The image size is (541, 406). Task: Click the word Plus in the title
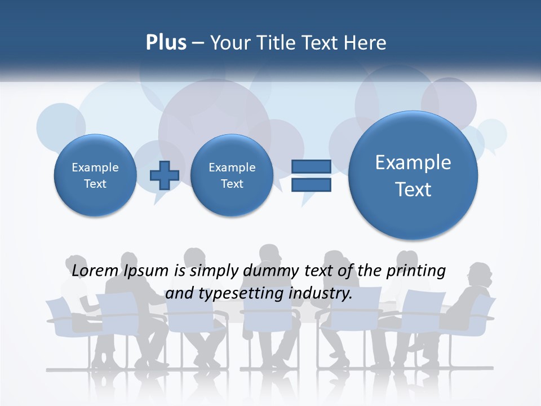166,43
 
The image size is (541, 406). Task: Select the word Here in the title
367,43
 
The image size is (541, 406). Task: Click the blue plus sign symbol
164,175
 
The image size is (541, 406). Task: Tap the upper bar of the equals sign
311,166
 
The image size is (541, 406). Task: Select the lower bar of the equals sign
311,185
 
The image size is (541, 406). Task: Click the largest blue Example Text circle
413,175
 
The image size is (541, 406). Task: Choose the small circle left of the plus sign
95,175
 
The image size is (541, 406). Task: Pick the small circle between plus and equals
232,175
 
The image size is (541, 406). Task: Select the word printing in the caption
418,271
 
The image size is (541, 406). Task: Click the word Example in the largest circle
413,162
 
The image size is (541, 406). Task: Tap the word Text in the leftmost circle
95,184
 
